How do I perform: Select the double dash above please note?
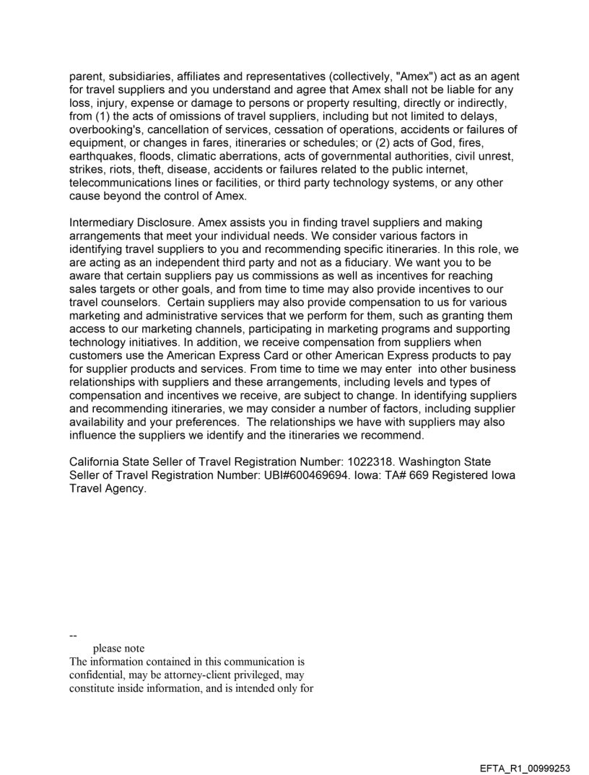tap(73, 636)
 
